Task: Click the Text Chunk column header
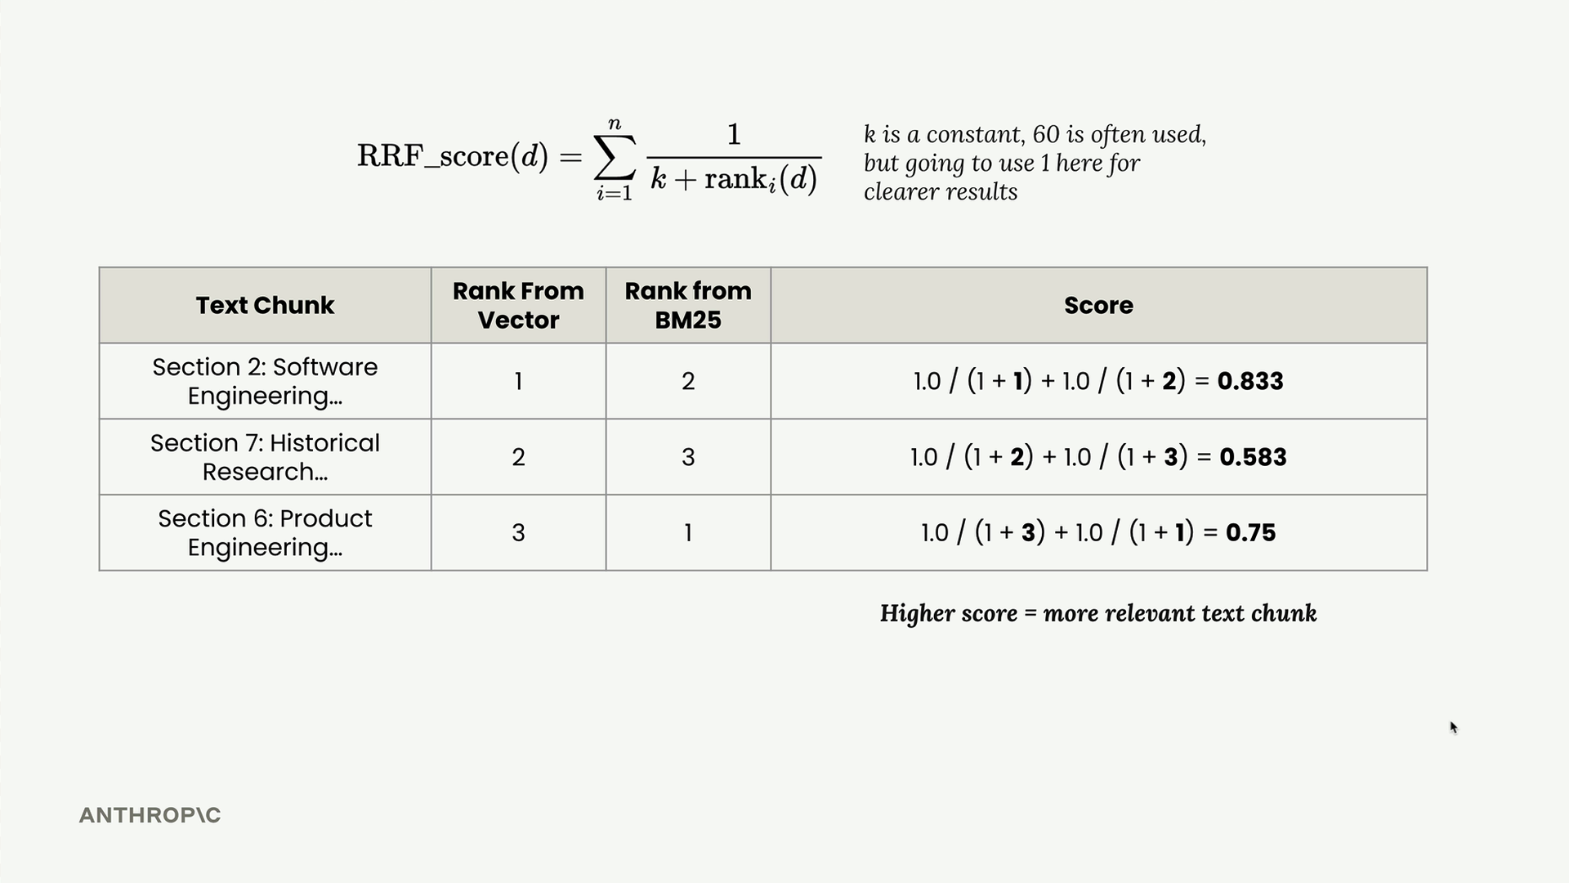265,305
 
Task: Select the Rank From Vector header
518,305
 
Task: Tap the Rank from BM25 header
688,305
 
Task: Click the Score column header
1098,305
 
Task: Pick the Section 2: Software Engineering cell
265,381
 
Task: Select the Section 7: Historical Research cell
265,457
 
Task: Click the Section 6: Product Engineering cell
265,532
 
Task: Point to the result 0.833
1250,381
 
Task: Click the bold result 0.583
1253,457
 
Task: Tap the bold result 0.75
1250,533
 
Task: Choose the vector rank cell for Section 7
518,457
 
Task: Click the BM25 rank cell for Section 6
688,533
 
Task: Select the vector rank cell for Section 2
518,381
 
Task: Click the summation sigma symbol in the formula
615,157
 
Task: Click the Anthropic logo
150,815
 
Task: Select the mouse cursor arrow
1454,728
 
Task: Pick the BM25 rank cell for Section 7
688,457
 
